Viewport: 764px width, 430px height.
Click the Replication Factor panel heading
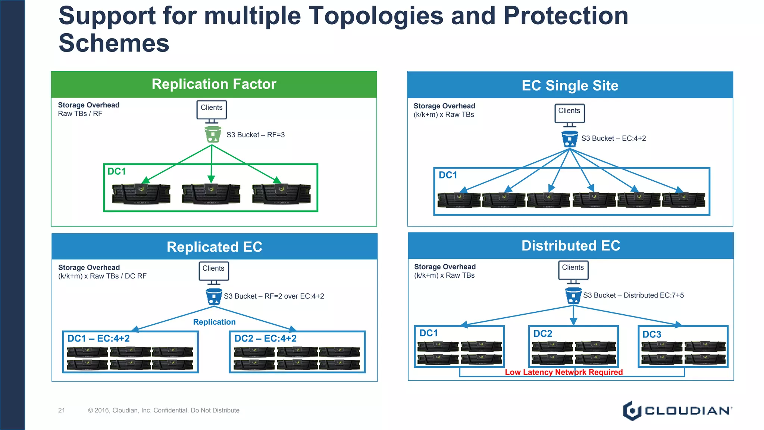pos(214,84)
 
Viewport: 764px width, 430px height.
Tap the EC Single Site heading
pos(570,85)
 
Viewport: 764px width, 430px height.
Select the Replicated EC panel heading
pos(214,247)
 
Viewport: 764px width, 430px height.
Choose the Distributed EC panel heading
pos(570,246)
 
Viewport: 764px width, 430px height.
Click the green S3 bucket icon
pos(213,134)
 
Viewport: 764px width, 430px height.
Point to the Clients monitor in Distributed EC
pos(573,270)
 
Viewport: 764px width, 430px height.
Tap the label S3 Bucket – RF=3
pos(256,135)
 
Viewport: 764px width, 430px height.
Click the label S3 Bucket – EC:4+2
pos(613,138)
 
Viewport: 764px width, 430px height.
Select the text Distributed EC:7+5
pos(654,295)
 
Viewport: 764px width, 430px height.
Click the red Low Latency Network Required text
pos(563,372)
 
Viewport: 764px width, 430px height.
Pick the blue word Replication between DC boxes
pos(214,322)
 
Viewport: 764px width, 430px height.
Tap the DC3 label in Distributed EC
pos(651,334)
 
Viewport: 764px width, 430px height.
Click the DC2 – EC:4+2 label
pos(265,339)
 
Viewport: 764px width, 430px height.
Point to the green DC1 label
pos(117,171)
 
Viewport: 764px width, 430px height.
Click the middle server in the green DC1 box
pos(211,194)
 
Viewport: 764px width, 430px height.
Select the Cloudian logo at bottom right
pos(677,411)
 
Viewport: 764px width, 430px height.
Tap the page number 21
pos(62,410)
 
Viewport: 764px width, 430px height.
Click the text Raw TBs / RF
pos(80,114)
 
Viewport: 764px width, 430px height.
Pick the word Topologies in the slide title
pos(376,16)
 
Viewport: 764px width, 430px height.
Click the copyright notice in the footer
pos(163,410)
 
